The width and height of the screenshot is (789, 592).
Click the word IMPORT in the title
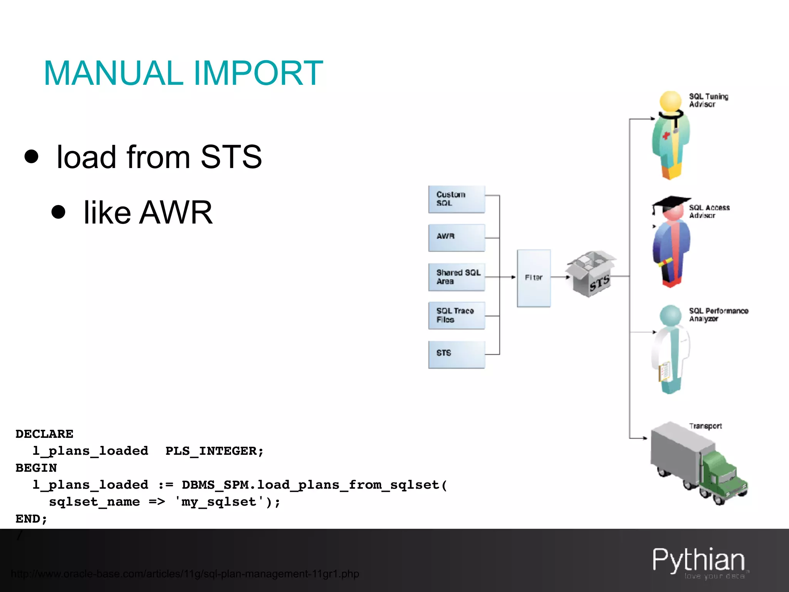tap(258, 73)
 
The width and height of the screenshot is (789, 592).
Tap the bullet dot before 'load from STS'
tap(32, 156)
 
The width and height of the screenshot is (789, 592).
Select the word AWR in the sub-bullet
tap(176, 212)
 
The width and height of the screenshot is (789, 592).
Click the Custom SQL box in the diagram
tap(457, 199)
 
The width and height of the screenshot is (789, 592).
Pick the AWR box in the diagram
tap(457, 237)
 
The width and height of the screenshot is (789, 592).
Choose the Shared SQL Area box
tap(457, 277)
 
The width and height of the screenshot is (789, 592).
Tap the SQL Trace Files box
tap(457, 315)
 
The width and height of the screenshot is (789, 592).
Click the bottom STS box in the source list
tap(457, 354)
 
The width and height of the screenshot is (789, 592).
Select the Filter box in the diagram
tap(534, 278)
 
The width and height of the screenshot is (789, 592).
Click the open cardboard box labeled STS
tap(591, 274)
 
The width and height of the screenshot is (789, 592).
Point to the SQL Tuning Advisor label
tap(708, 100)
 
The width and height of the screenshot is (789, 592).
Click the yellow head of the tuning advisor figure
tap(671, 101)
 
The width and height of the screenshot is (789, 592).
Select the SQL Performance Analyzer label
tap(718, 314)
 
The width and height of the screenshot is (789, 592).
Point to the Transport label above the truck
tap(705, 426)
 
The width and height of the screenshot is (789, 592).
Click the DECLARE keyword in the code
tap(44, 434)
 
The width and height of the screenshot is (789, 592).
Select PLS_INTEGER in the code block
tap(214, 451)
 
